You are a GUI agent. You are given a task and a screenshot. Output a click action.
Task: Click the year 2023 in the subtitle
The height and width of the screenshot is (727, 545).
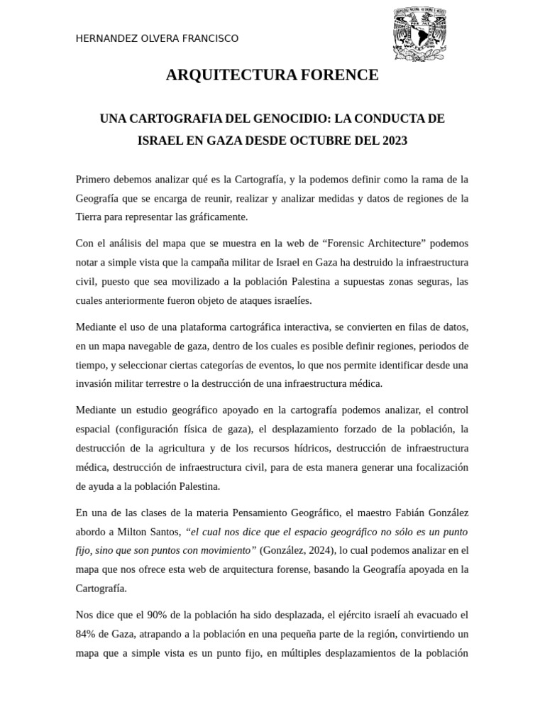coord(394,141)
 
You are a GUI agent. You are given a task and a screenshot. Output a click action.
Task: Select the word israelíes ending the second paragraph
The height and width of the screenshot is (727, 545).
coord(289,300)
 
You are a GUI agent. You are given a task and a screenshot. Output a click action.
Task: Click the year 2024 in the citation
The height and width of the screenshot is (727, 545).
coord(314,550)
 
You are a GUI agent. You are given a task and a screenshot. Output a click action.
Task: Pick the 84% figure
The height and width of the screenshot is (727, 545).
coord(87,633)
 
